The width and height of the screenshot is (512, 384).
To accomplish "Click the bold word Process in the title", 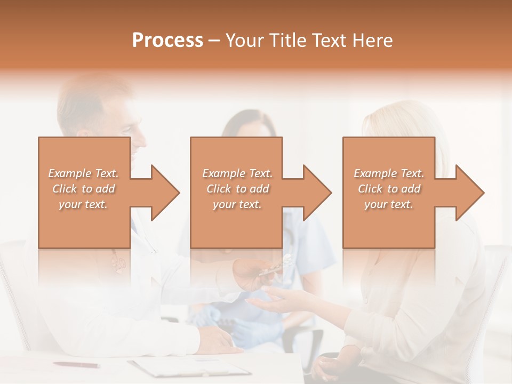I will coord(167,41).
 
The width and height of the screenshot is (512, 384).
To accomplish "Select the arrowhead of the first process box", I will coord(165,193).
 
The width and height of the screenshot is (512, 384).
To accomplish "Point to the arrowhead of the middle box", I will coord(318,193).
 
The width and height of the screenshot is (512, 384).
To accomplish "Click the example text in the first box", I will coord(84,189).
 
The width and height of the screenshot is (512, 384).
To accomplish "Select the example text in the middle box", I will coord(237,189).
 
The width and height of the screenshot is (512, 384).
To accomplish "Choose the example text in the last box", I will coord(389,189).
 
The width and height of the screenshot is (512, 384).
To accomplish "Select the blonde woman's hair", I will coord(405,128).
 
